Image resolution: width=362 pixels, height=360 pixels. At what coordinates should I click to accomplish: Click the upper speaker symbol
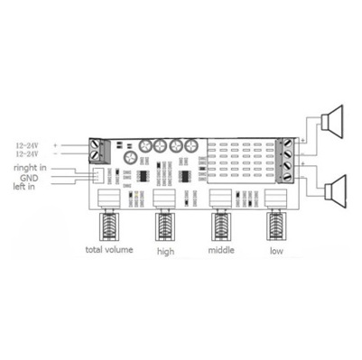(332, 122)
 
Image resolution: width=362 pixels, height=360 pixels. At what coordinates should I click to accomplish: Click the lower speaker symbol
(337, 191)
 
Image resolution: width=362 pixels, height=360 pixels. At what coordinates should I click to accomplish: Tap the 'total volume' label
(109, 250)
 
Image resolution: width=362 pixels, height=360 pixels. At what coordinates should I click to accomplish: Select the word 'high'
(165, 251)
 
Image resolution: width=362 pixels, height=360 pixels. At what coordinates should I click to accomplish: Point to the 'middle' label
(221, 250)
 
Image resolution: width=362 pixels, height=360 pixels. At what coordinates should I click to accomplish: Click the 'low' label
(276, 251)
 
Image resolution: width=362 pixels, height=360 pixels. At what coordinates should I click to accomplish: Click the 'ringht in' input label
(30, 168)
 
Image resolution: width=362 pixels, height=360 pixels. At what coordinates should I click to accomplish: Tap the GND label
(29, 178)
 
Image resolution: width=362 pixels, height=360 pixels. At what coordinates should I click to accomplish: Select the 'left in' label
(23, 187)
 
